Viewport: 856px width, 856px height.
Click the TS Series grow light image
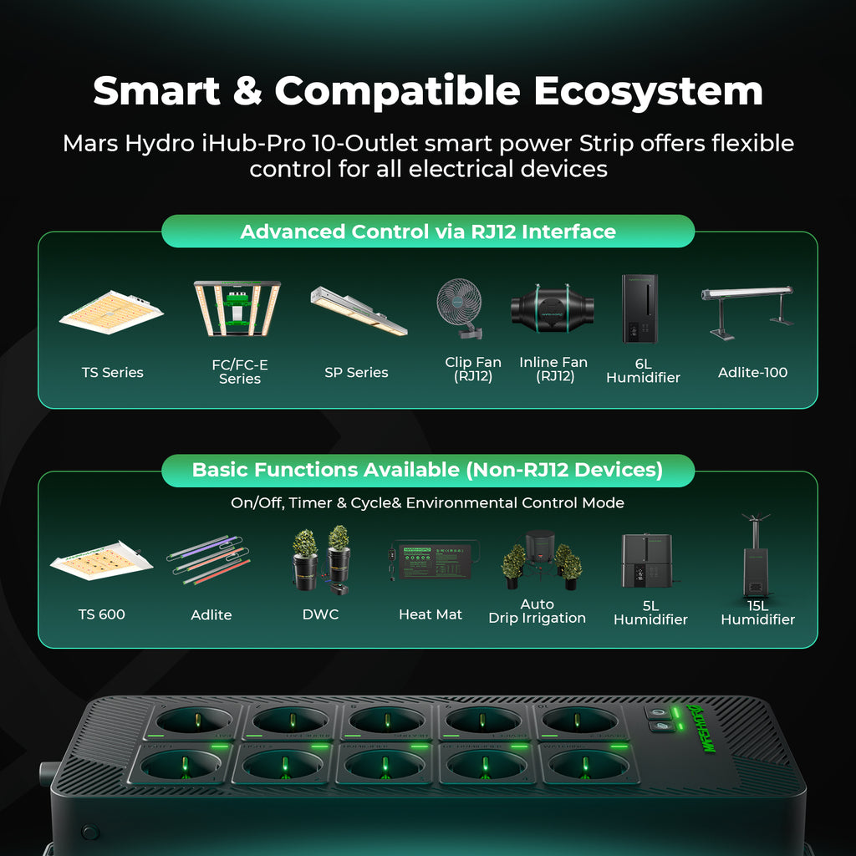112,313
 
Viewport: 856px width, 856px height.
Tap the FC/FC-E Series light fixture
238,308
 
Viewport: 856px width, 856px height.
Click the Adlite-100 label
752,372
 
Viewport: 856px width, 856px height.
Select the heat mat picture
431,560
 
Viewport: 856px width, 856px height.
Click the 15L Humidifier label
757,612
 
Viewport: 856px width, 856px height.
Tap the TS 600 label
102,614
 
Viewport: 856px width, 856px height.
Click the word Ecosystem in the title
649,90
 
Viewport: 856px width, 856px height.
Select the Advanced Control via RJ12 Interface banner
428,232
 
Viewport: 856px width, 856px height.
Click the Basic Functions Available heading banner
428,470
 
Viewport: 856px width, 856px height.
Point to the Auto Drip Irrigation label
537,611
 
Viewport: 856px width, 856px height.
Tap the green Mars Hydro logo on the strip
698,728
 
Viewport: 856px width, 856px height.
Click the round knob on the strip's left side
45,770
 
